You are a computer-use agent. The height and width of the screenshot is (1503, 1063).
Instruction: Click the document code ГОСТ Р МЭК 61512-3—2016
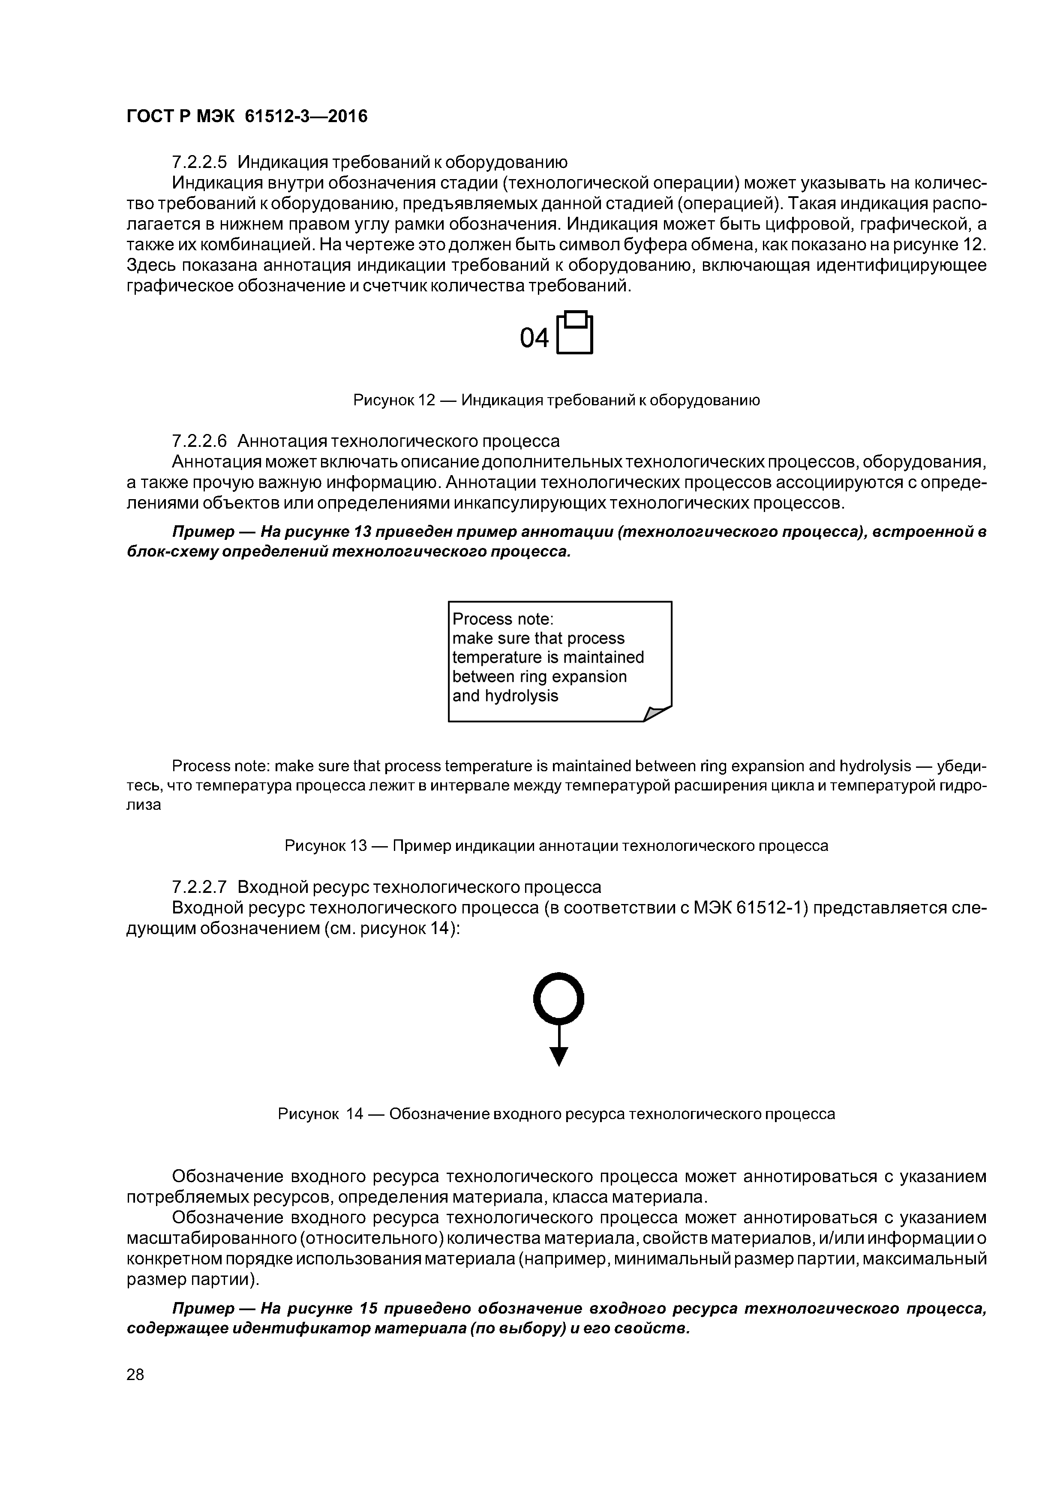[x=247, y=117]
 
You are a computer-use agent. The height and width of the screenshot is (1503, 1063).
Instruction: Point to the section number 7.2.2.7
[x=199, y=887]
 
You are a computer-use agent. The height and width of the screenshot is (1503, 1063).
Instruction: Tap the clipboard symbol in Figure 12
[x=574, y=332]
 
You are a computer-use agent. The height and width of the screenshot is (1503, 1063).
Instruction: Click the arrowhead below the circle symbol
[x=559, y=1055]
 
